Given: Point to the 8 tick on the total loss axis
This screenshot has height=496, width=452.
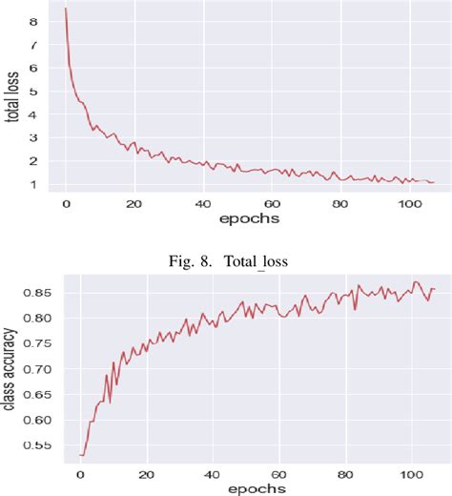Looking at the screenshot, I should [35, 21].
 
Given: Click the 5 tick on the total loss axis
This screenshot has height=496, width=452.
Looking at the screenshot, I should [35, 91].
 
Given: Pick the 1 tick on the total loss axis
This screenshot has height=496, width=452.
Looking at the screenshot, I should [35, 184].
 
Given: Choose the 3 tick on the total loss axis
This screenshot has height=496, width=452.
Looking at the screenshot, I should [35, 137].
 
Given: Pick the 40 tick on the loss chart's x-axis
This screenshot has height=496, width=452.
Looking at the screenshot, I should [203, 202].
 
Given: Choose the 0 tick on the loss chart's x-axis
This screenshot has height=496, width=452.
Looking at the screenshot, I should [66, 202].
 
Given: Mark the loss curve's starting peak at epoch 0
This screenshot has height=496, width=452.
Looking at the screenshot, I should [66, 10].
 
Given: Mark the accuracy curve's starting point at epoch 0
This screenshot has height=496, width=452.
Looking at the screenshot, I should [80, 455].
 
